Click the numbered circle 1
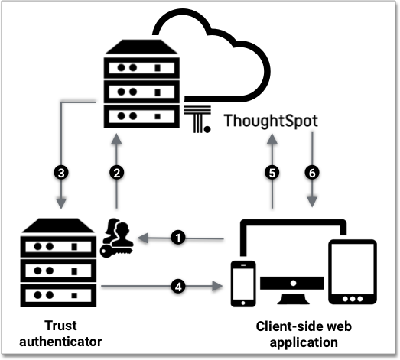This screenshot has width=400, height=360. click(178, 238)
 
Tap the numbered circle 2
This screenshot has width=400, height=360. click(117, 173)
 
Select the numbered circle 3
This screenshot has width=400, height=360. click(60, 173)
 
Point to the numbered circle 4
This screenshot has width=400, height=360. click(178, 287)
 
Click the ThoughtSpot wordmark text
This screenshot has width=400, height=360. click(272, 122)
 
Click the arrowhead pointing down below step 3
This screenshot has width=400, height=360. click(60, 203)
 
